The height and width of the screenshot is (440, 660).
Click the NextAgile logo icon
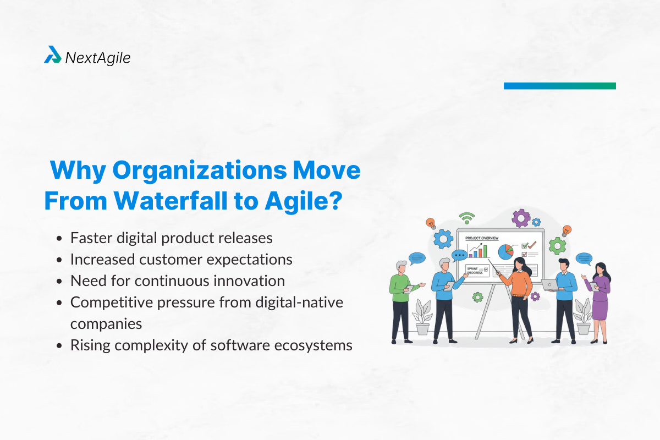click(52, 55)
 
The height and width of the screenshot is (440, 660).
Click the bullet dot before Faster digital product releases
click(59, 239)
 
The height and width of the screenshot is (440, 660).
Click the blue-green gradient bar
click(559, 86)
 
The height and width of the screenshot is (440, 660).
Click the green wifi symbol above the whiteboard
click(467, 217)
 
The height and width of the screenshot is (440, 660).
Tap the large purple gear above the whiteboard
click(520, 218)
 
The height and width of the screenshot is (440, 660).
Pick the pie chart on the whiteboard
click(505, 252)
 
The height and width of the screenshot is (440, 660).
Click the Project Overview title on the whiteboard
click(482, 238)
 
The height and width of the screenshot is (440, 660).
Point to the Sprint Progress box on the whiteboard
click(476, 270)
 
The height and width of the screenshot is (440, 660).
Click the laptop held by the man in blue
click(549, 284)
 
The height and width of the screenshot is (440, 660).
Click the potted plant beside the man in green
click(422, 317)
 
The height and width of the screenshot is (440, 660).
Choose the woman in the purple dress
click(600, 297)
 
